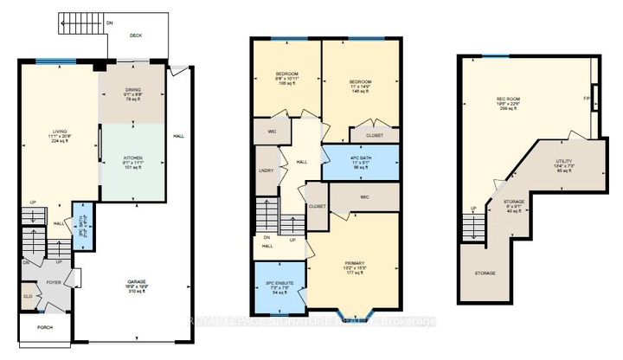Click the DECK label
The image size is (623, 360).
tap(135, 35)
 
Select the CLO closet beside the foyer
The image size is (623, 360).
tap(29, 297)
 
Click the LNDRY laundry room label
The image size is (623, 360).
tap(267, 170)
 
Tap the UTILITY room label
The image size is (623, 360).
tap(565, 160)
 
